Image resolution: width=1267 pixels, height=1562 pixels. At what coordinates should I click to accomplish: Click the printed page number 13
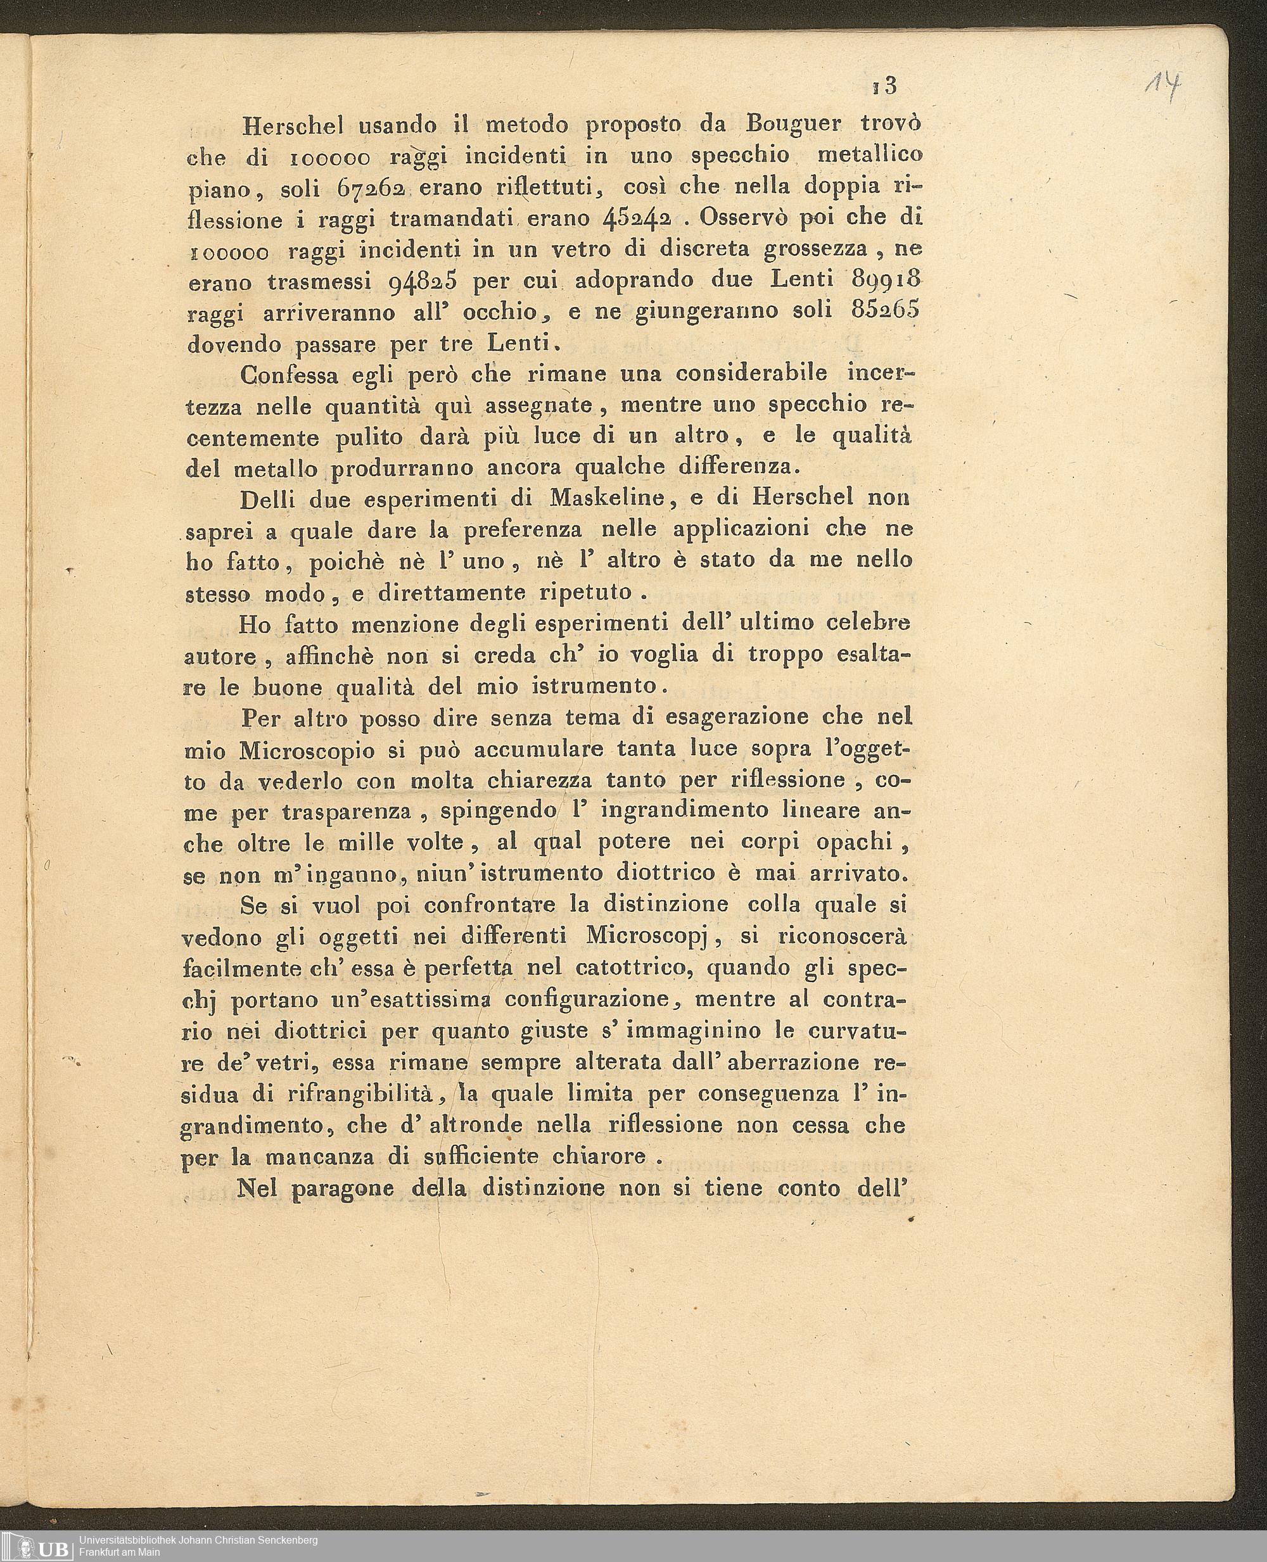pos(883,86)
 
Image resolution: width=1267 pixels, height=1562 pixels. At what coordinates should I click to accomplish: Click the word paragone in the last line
pos(342,1188)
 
